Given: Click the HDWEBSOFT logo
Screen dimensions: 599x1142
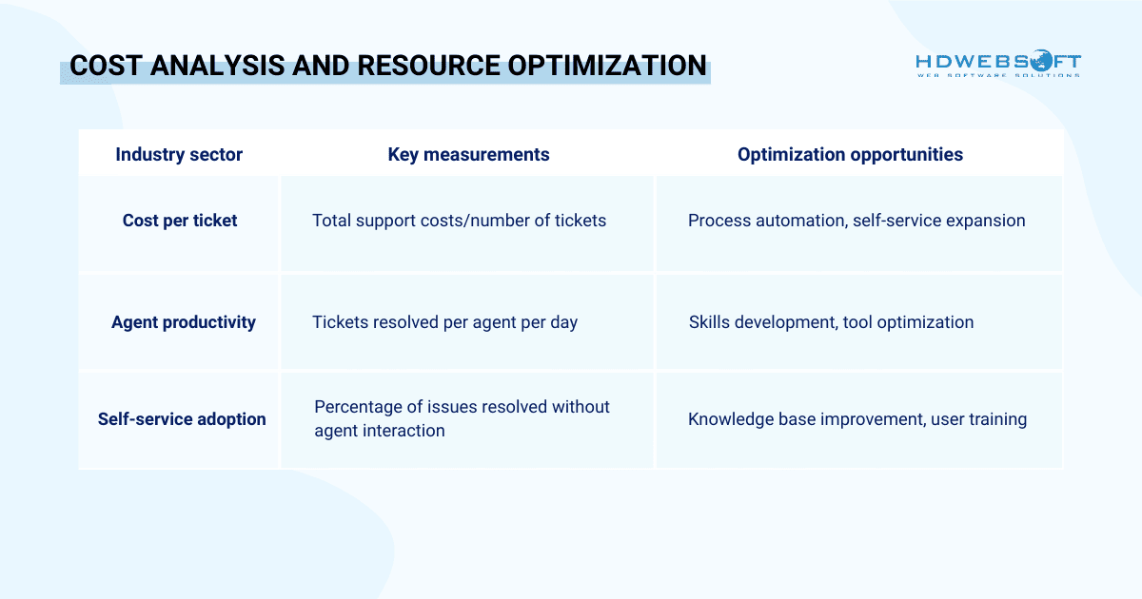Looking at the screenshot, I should tap(997, 63).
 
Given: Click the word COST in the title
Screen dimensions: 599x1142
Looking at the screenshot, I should tap(103, 67).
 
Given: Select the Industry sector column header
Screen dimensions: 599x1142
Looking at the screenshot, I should tap(179, 154).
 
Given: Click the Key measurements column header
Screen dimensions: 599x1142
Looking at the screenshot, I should tap(468, 154).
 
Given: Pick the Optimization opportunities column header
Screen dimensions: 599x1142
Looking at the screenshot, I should tap(850, 154).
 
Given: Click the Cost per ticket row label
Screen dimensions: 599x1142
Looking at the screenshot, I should tap(180, 221).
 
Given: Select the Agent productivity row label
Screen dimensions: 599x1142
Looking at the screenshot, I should tap(184, 322).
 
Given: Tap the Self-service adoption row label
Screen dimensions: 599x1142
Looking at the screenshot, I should tap(182, 418).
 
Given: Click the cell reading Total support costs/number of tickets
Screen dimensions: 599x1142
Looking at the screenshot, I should tap(459, 221).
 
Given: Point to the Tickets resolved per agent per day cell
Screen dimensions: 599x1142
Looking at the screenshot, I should tap(444, 322).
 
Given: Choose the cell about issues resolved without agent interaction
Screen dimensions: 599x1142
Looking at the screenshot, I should tap(462, 418).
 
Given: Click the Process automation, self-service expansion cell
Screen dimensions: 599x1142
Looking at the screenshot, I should tap(856, 221).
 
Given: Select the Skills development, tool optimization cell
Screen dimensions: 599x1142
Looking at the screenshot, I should tap(831, 322).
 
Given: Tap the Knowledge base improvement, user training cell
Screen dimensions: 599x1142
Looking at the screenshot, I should tap(856, 418).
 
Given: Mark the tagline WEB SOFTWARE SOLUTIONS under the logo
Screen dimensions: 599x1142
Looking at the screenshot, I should tap(997, 75).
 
